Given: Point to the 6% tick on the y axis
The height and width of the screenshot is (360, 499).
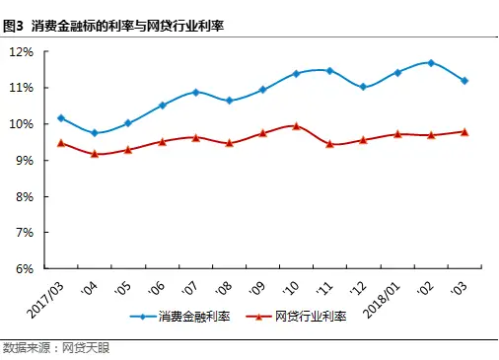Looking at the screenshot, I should [x=24, y=268].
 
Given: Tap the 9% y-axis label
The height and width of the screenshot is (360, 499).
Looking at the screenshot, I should [x=24, y=160].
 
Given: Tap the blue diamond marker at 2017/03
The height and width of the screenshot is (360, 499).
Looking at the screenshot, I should [x=61, y=118].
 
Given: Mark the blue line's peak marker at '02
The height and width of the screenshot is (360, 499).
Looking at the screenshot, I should [x=431, y=63].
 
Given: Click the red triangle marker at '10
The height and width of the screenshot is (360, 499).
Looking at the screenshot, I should [x=296, y=126].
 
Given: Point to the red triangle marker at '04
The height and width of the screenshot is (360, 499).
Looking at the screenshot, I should [x=95, y=154].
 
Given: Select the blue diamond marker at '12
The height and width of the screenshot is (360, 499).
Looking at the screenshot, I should [x=363, y=87].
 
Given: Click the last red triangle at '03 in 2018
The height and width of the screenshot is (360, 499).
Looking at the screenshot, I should [x=464, y=131].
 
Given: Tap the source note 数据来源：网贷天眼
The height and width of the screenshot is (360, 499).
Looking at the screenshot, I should [x=45, y=347].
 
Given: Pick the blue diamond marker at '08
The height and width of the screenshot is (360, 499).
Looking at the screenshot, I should [x=229, y=101].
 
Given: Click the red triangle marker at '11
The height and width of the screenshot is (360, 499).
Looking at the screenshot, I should [x=329, y=144].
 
